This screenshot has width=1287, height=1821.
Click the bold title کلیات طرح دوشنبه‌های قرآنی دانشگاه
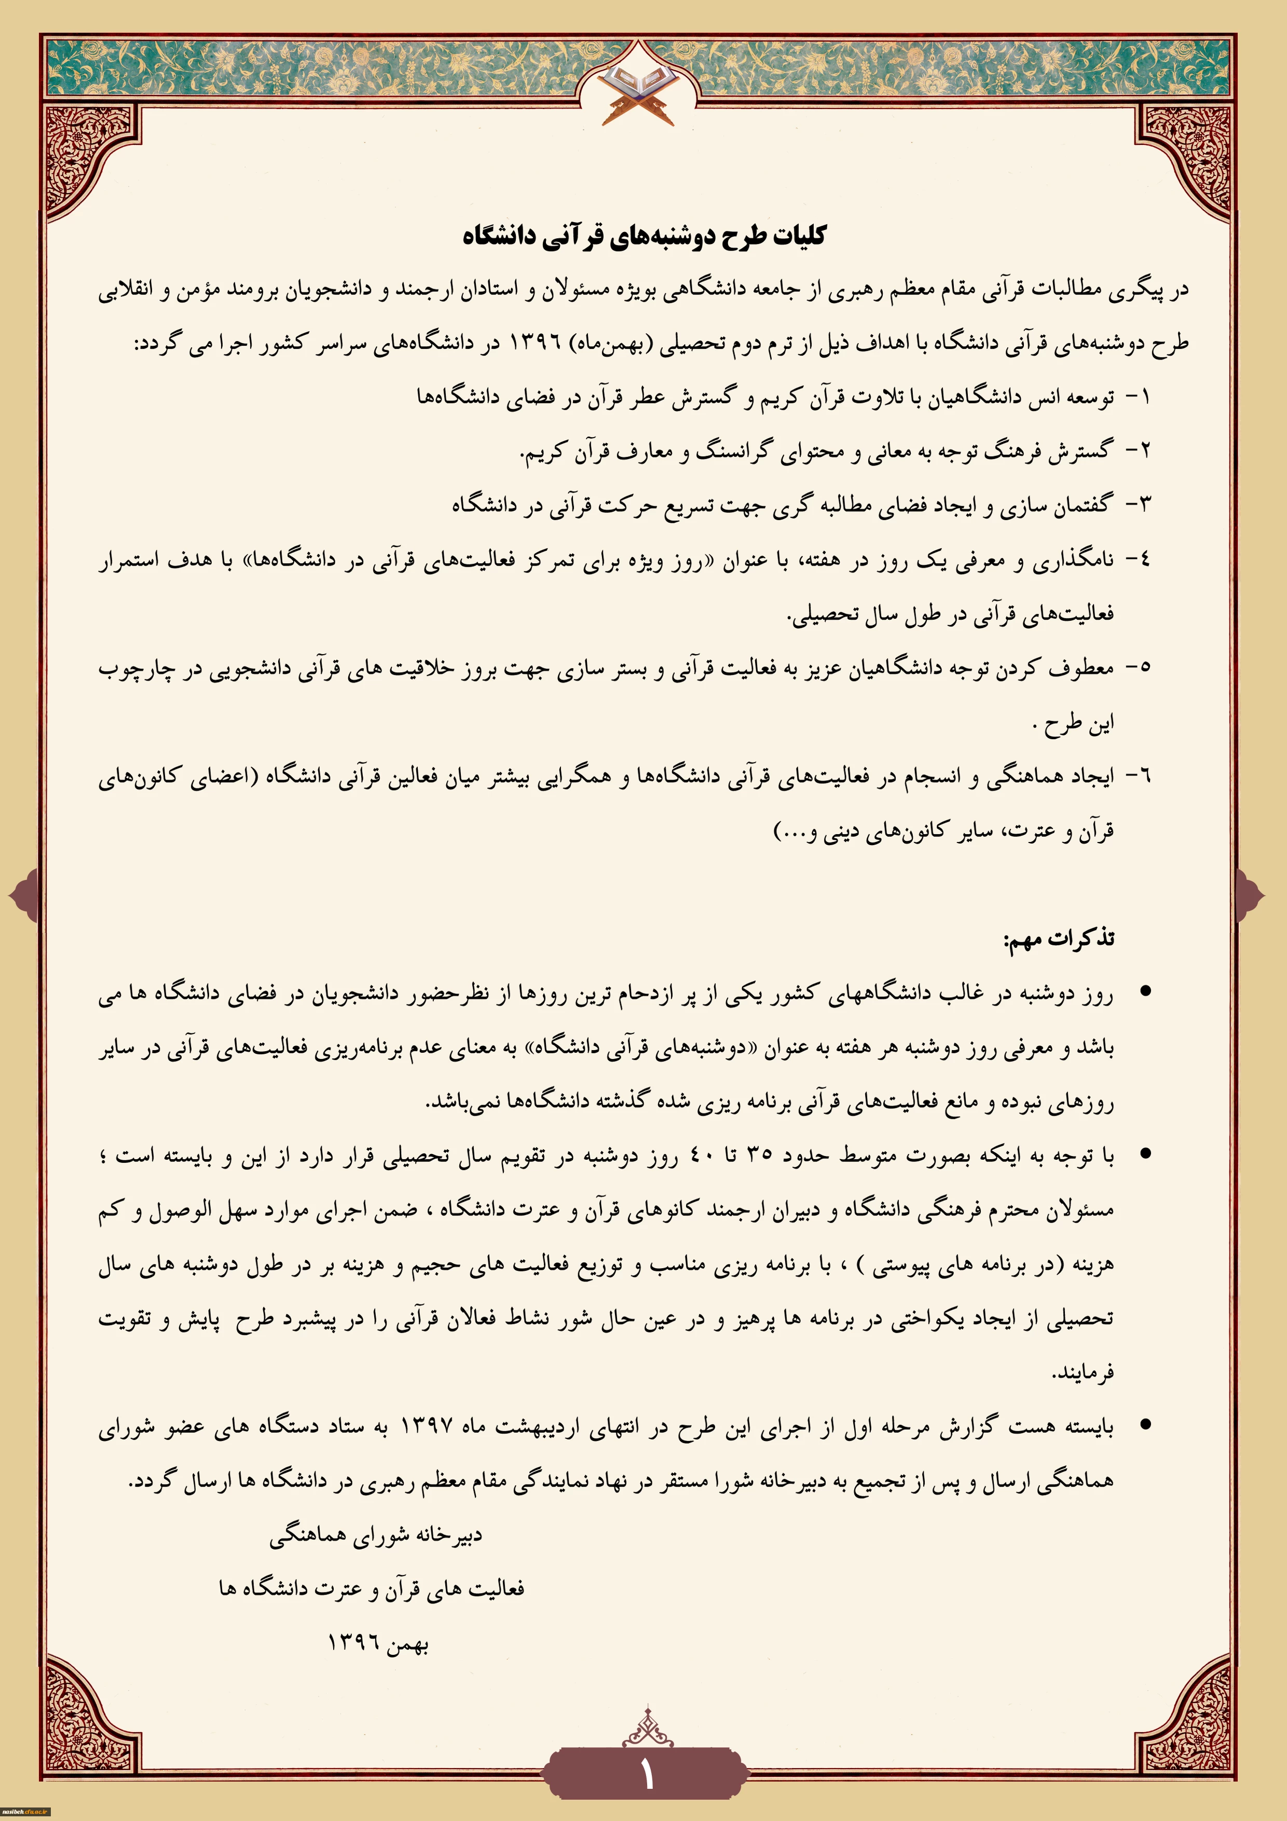coord(644,236)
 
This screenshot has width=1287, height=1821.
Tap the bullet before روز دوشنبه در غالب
coord(1144,991)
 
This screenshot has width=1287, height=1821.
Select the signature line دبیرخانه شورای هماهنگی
coord(375,1535)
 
